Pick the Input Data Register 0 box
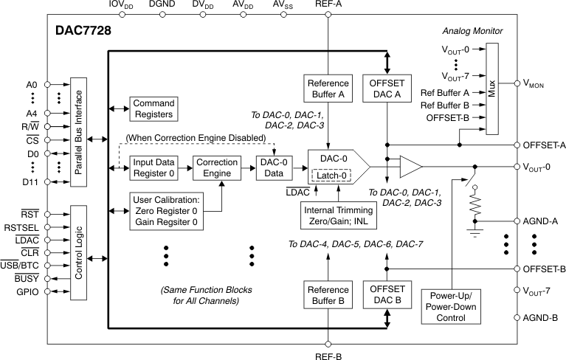pyautogui.click(x=154, y=167)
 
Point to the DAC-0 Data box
pyautogui.click(x=275, y=167)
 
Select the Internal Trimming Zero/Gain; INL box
pyautogui.click(x=341, y=215)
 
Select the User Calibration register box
pyautogui.click(x=165, y=211)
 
